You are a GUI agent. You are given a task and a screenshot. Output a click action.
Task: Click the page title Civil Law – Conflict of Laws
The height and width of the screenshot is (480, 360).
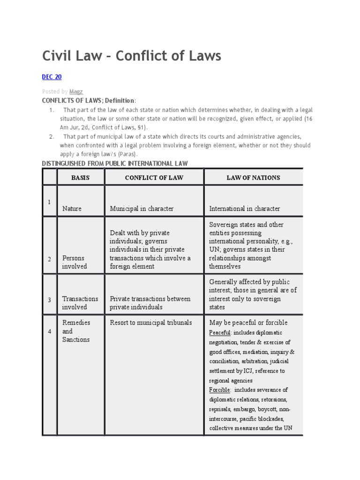point(131,56)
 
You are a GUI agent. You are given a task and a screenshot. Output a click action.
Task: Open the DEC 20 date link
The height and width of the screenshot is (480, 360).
point(52,77)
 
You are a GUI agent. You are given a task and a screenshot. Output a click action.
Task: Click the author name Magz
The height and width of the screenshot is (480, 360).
point(74,91)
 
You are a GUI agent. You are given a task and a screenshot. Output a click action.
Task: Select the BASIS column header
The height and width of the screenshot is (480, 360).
point(80,178)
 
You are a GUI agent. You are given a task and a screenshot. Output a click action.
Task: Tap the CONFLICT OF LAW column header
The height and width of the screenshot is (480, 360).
point(154,178)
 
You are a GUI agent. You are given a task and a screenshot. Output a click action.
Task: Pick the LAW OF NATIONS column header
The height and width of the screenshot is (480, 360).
point(253,178)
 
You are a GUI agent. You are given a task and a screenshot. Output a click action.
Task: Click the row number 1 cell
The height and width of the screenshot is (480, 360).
point(49,202)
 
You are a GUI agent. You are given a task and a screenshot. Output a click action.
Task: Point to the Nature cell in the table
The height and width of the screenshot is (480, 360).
point(72,209)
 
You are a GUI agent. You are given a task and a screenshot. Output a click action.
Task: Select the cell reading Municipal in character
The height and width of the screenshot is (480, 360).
point(142,209)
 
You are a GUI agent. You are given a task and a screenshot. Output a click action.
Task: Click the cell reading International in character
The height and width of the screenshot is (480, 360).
point(244,209)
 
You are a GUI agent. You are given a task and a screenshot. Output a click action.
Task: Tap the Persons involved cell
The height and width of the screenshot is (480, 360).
point(75,262)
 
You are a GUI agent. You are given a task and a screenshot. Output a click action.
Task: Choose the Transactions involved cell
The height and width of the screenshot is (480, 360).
point(80,303)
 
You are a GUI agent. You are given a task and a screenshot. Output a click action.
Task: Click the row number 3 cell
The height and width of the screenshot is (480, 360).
point(49,299)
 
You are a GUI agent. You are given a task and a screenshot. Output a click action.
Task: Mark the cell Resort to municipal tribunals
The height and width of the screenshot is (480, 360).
point(150,322)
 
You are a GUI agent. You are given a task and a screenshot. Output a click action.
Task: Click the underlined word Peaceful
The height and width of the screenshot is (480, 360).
point(220,332)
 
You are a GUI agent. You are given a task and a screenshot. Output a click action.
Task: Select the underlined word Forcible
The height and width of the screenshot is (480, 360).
point(219,390)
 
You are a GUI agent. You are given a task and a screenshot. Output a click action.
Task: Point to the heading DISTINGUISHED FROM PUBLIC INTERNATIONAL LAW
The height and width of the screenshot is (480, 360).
point(115,163)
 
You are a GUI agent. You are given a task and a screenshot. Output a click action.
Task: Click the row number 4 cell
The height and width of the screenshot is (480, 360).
point(49,331)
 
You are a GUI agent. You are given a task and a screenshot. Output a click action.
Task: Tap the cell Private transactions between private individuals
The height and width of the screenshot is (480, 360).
point(150,303)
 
